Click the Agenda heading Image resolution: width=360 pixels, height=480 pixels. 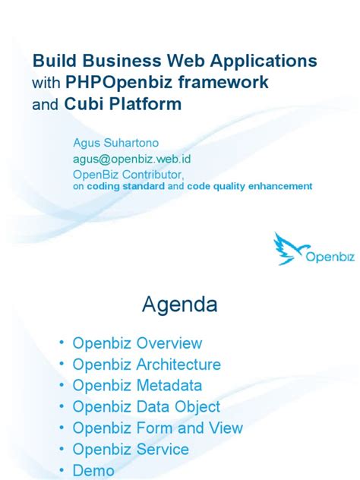click(180, 305)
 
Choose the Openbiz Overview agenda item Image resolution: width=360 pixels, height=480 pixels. click(137, 343)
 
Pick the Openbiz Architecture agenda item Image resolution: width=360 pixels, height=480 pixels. click(147, 365)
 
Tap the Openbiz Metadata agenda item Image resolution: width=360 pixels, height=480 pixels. click(137, 386)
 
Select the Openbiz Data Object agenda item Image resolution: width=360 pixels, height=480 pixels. click(147, 407)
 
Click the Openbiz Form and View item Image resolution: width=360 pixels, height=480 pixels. click(158, 428)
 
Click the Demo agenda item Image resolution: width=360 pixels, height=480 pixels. click(93, 471)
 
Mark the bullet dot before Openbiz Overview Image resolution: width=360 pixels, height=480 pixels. click(62, 344)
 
